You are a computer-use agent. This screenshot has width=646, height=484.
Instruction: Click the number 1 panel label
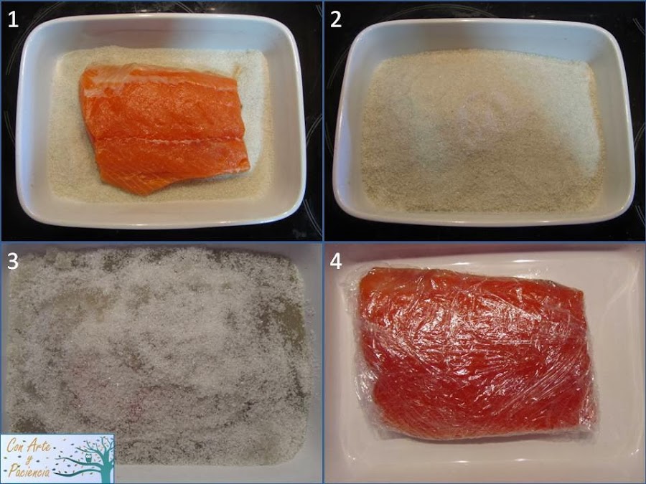[x=12, y=19]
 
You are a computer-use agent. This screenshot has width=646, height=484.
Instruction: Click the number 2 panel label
[x=336, y=19]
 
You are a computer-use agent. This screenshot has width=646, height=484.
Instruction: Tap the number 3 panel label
[x=12, y=262]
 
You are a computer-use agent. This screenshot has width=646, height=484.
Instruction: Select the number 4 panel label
[x=336, y=262]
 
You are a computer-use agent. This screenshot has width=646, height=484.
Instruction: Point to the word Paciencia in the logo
[x=28, y=470]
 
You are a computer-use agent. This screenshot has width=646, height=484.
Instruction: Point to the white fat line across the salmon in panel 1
[x=172, y=135]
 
